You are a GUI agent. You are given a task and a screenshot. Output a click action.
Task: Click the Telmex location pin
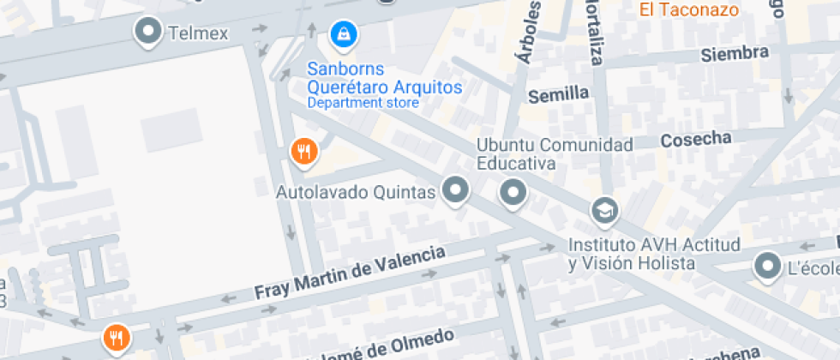click(149, 33)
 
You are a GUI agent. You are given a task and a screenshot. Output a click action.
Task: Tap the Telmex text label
click(198, 33)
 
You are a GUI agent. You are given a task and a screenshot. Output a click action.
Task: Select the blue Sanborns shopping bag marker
click(344, 34)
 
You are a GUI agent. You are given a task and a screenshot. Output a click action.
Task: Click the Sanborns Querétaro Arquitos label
click(385, 78)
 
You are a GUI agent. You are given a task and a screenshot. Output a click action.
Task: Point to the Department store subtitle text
click(363, 103)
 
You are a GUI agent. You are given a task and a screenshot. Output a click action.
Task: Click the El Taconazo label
click(688, 10)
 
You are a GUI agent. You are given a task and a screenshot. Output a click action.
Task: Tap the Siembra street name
click(734, 54)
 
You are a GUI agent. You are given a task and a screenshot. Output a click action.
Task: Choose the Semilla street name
click(558, 93)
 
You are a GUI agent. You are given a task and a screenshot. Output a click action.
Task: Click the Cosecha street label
click(697, 139)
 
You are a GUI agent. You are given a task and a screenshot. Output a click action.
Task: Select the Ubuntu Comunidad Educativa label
click(555, 153)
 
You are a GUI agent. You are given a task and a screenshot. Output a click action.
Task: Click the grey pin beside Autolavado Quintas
click(456, 191)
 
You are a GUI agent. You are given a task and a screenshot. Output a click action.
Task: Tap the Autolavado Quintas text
click(356, 192)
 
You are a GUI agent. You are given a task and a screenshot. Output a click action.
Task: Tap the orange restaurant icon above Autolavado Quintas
click(303, 153)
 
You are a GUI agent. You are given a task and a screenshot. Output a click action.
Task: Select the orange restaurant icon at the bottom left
click(116, 338)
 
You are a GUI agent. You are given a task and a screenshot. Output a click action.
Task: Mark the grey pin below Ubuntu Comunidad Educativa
click(514, 193)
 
